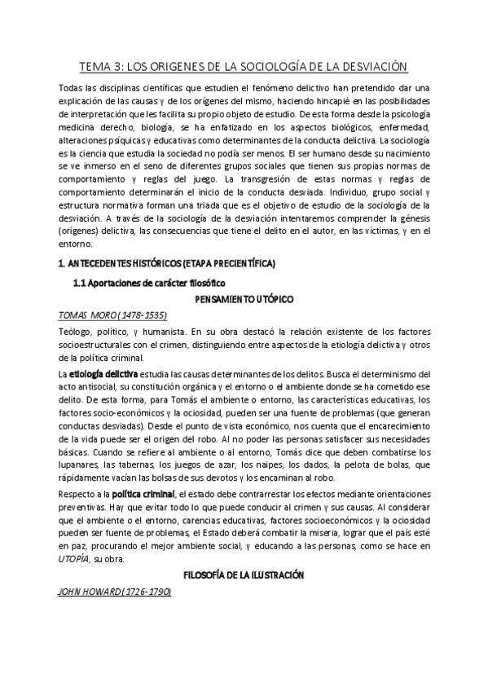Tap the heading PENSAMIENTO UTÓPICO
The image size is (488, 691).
click(x=244, y=299)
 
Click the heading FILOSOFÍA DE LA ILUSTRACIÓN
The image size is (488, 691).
click(x=244, y=574)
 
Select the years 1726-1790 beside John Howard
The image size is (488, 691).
click(x=146, y=591)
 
